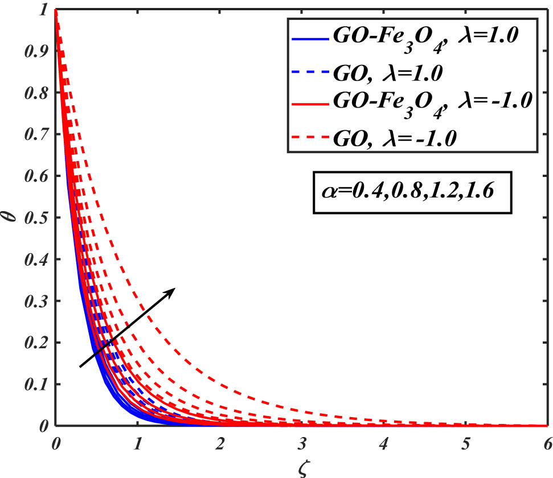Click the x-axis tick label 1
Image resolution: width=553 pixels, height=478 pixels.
[x=137, y=442]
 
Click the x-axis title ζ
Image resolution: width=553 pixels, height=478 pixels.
[x=301, y=467]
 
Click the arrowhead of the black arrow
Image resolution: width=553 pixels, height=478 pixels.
[x=173, y=290]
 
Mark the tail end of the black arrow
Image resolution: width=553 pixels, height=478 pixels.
[x=80, y=367]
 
